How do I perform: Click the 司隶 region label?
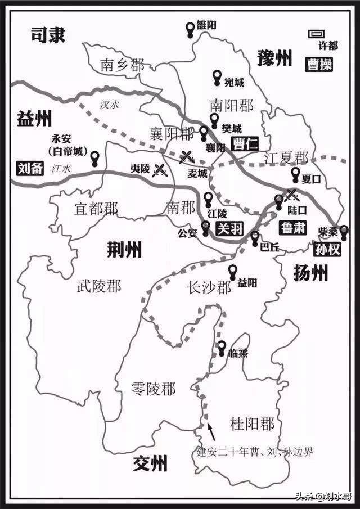coord(48,35)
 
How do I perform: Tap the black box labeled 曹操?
coord(319,65)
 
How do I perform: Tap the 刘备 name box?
coord(29,168)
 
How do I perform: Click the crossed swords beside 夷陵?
coord(161,168)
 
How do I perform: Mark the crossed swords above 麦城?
coord(187,156)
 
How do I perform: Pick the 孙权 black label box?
coord(327,249)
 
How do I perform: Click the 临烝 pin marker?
coord(222,347)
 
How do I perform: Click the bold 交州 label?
coord(150,465)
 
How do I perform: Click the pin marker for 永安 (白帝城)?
coord(96,158)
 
